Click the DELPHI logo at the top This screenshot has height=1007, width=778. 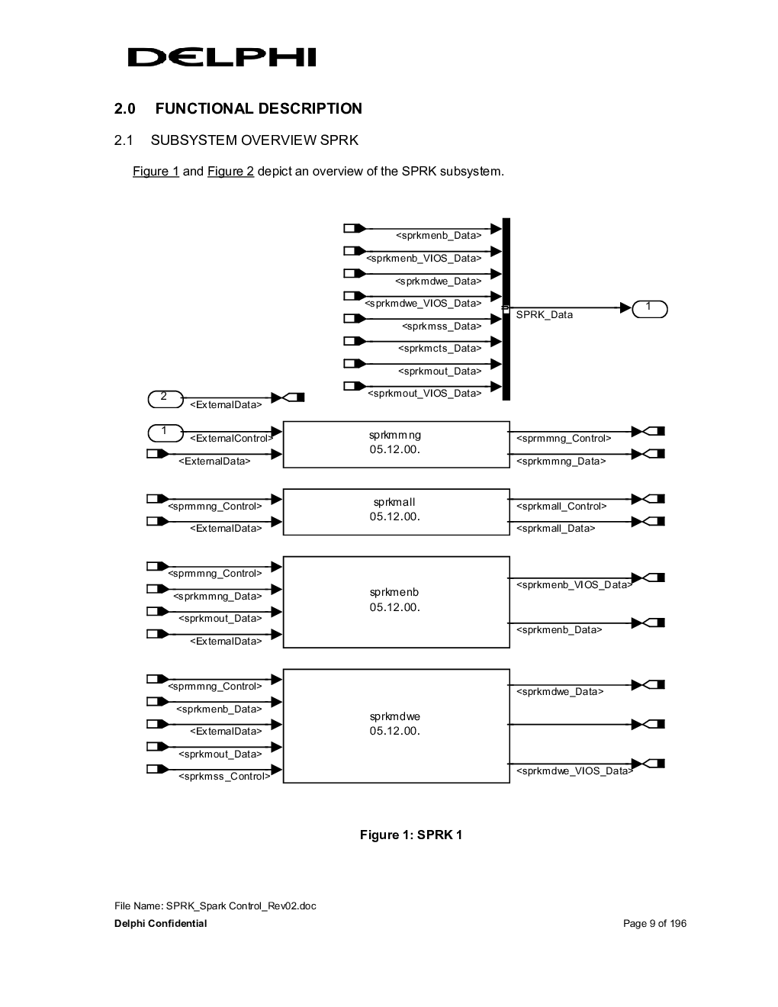(221, 57)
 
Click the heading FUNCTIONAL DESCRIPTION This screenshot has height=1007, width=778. (259, 108)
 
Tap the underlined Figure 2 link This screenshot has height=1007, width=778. (230, 172)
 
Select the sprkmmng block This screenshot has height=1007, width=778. (396, 445)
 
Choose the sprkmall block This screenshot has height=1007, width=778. (396, 512)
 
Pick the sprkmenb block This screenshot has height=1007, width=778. (396, 602)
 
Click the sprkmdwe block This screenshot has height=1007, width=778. (396, 725)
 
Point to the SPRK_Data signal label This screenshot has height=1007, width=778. (544, 314)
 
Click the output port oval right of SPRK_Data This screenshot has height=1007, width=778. (650, 309)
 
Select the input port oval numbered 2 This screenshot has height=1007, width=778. (166, 399)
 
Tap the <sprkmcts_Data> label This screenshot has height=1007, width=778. (440, 348)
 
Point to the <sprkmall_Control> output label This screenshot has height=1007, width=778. (561, 506)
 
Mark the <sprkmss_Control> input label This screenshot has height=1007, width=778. (224, 776)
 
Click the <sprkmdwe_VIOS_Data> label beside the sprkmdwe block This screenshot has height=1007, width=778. (574, 771)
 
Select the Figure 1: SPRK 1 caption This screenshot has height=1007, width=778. (411, 835)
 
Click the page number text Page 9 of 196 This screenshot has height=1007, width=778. (654, 923)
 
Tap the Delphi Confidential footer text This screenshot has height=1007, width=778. (160, 923)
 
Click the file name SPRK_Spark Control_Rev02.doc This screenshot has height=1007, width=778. (241, 906)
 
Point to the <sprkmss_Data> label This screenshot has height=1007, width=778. (442, 327)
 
